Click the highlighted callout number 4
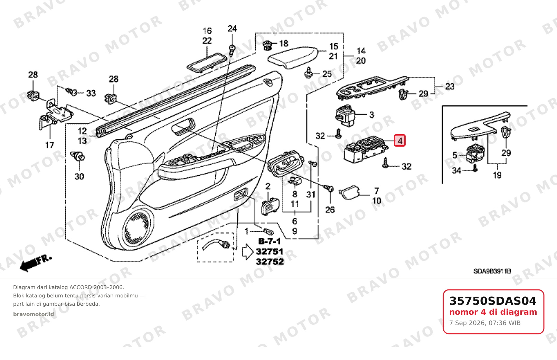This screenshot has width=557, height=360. [400, 141]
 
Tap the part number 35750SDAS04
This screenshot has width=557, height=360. [493, 301]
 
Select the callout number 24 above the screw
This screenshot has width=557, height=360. [232, 29]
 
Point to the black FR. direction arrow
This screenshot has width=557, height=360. [36, 263]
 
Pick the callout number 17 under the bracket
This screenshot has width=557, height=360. [49, 145]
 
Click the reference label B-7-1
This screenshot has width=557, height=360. [270, 241]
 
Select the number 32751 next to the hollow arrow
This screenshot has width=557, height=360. [270, 251]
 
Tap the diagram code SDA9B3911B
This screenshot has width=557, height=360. [492, 271]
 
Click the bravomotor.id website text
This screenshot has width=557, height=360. [33, 314]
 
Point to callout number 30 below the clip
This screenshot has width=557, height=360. [79, 176]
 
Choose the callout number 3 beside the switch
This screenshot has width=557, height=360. [371, 115]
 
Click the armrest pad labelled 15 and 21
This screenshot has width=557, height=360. [293, 57]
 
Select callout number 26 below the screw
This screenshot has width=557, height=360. [330, 210]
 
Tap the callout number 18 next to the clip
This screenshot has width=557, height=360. [284, 44]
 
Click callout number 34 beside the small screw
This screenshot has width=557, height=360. [456, 170]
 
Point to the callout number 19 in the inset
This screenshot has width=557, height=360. [497, 175]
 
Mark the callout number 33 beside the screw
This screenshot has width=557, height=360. [91, 93]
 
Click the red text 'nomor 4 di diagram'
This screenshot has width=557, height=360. [493, 312]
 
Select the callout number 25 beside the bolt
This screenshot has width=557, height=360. [327, 74]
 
